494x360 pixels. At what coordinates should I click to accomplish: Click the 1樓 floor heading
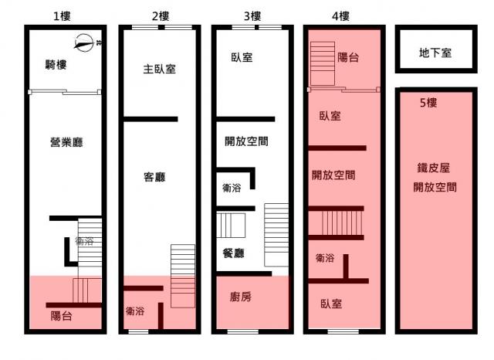click(x=62, y=15)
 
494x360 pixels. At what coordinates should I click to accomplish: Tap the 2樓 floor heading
click(x=161, y=15)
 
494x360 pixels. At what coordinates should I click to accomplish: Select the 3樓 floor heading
click(x=252, y=15)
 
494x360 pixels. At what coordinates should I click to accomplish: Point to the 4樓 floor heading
click(x=340, y=15)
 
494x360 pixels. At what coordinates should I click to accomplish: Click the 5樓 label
click(x=428, y=103)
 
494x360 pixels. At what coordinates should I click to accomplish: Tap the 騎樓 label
click(x=56, y=65)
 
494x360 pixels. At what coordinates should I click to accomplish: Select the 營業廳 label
click(x=66, y=142)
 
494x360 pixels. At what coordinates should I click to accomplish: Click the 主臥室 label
click(x=160, y=69)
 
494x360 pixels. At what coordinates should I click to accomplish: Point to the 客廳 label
click(x=154, y=177)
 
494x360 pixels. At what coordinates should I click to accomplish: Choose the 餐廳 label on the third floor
click(x=233, y=253)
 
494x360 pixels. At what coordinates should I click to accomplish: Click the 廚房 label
click(x=241, y=297)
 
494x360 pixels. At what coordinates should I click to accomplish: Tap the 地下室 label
click(x=435, y=53)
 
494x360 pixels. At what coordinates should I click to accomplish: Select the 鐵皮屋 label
click(x=434, y=168)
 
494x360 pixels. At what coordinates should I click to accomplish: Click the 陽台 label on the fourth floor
click(x=348, y=57)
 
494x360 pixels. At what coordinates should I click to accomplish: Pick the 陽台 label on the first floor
click(x=62, y=315)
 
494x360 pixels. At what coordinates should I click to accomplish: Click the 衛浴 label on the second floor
click(x=135, y=311)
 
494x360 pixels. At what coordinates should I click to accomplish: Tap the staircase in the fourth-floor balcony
click(x=323, y=63)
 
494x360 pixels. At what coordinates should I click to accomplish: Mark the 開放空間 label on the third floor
click(x=246, y=141)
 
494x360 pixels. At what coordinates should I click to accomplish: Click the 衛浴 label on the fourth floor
click(x=325, y=258)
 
